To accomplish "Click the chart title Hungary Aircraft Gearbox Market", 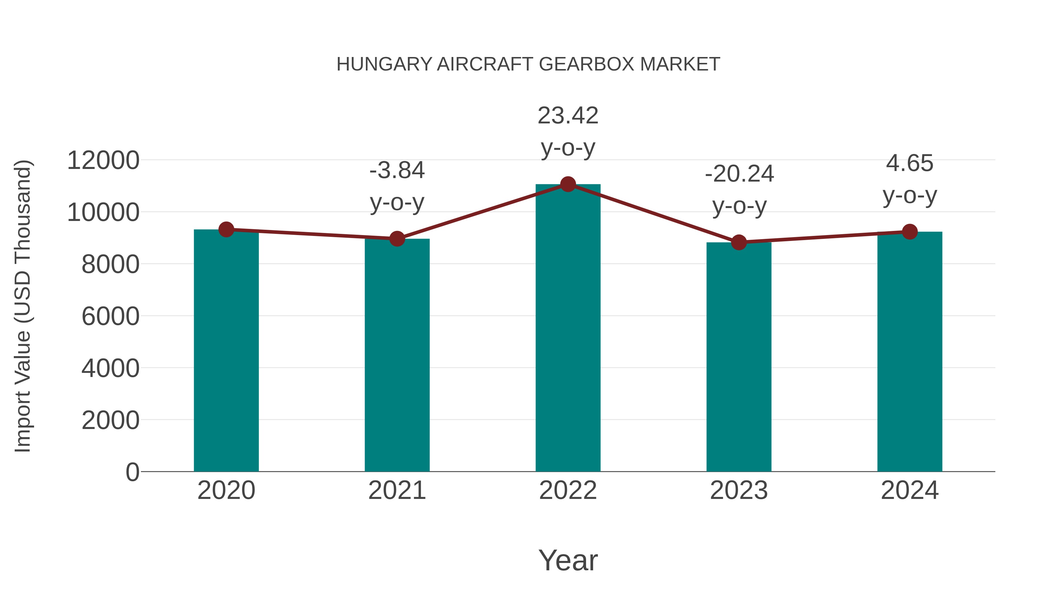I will coord(528,64).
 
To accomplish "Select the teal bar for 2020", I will coord(226,353).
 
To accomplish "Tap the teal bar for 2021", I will coord(397,357).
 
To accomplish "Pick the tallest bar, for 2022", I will coord(568,328).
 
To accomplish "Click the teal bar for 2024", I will coord(910,353).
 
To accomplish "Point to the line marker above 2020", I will coord(226,229).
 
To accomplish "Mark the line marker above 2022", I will coord(568,184).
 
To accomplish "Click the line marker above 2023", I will coord(739,242).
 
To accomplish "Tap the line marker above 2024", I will coord(910,232).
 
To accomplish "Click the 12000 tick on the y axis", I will coord(103,160).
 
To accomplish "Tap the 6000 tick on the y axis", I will coord(110,316).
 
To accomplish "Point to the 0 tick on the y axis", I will coord(132,472).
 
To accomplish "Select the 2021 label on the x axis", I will coord(397,490).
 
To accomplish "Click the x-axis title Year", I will coord(568,560).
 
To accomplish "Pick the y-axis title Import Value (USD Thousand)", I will coord(23,306).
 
